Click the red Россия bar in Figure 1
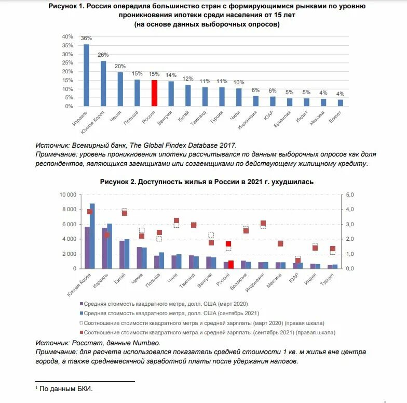click(154, 93)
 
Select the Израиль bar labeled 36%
click(86, 75)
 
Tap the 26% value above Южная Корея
click(103, 55)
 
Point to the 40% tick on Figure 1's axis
click(67, 37)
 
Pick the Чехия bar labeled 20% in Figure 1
click(120, 89)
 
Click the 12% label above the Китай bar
click(188, 79)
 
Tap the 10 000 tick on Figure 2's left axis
click(66, 194)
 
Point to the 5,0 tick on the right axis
click(350, 194)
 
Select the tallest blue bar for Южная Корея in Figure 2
click(92, 236)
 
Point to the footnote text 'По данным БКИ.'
click(66, 388)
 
